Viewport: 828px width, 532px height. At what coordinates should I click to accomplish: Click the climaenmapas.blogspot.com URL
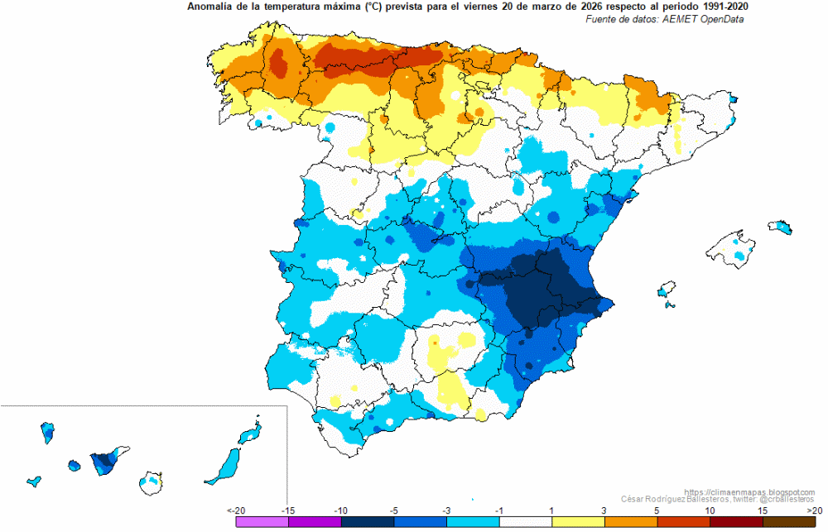tap(749, 492)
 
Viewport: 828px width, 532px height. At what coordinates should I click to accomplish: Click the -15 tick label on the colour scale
tap(288, 510)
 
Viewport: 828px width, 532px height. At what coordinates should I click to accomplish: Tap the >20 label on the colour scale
tap(814, 510)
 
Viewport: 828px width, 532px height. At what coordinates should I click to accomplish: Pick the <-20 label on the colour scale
tap(236, 510)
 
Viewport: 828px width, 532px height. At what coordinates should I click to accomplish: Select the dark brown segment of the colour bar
tap(789, 522)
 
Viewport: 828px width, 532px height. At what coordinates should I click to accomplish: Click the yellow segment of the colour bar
tap(578, 522)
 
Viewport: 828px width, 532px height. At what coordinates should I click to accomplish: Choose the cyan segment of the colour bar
tap(473, 522)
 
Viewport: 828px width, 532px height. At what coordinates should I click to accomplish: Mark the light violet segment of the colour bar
tap(262, 522)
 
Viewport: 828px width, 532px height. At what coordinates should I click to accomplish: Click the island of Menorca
tap(780, 227)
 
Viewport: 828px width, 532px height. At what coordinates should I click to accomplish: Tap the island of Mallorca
tap(731, 248)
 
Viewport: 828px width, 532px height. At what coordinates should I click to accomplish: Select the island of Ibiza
tap(667, 290)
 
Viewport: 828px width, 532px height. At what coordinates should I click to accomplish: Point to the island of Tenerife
tap(107, 461)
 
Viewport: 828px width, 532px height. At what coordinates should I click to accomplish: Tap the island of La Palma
tap(47, 433)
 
